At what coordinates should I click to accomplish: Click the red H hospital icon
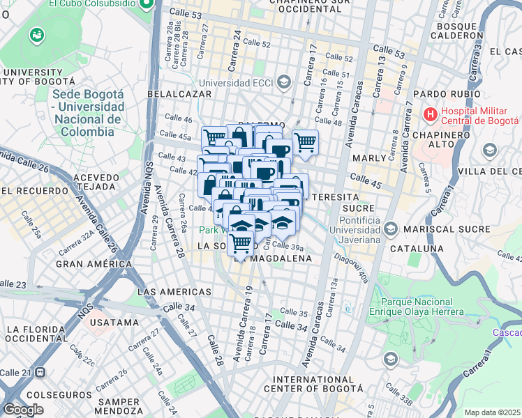431,113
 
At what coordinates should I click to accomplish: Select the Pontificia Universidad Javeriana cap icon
390,228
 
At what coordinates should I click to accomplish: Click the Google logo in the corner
23,410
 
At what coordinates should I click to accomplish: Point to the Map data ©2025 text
493,412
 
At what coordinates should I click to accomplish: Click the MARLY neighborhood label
369,158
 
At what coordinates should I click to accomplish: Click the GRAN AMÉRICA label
94,264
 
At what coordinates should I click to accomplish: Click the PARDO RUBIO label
443,94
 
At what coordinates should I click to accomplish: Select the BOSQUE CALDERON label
458,30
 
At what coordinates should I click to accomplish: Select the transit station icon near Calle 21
40,373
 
